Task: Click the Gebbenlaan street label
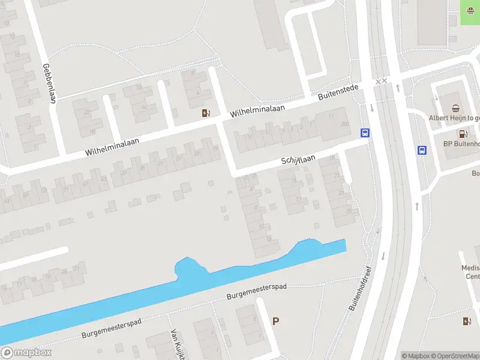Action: (x=50, y=83)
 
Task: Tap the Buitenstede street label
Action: (x=338, y=92)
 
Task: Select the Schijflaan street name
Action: (x=298, y=160)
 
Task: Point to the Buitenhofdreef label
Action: (x=360, y=288)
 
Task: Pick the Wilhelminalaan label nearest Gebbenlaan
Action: (x=112, y=145)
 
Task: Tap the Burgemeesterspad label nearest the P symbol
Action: (x=256, y=292)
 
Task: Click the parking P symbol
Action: (x=275, y=321)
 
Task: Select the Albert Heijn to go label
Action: (x=454, y=118)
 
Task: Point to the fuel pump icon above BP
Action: (x=463, y=132)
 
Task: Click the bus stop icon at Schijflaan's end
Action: (x=364, y=133)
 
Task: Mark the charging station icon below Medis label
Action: (x=467, y=321)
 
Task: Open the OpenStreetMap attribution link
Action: (x=454, y=356)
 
